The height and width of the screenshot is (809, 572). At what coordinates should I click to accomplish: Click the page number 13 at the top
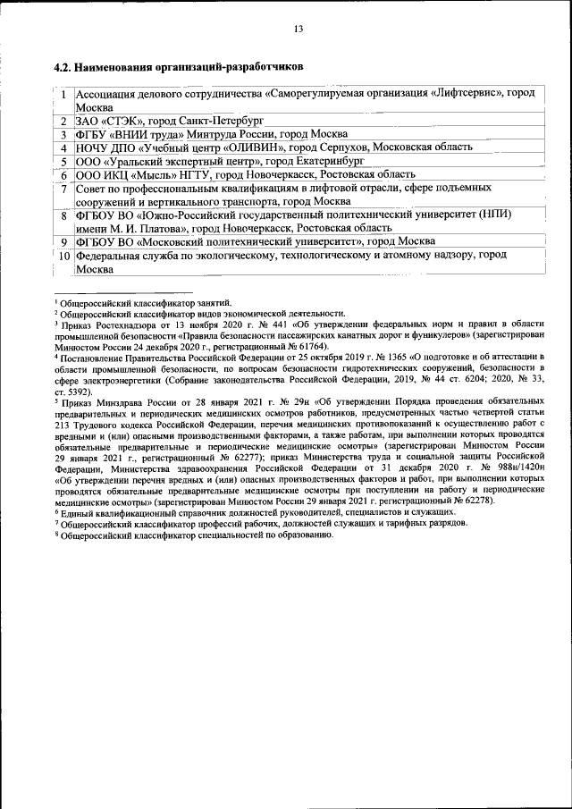click(x=299, y=29)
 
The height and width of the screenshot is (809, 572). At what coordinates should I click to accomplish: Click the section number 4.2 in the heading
click(x=62, y=66)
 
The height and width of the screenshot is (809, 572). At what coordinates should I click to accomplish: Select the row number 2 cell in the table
click(x=64, y=120)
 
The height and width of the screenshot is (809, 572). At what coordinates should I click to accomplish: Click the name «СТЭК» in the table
click(x=117, y=120)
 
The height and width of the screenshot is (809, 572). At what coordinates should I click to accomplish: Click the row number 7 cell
click(x=64, y=189)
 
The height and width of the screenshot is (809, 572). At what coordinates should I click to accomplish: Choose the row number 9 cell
click(x=64, y=242)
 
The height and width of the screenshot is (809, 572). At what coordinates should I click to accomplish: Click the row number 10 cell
click(x=64, y=256)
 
